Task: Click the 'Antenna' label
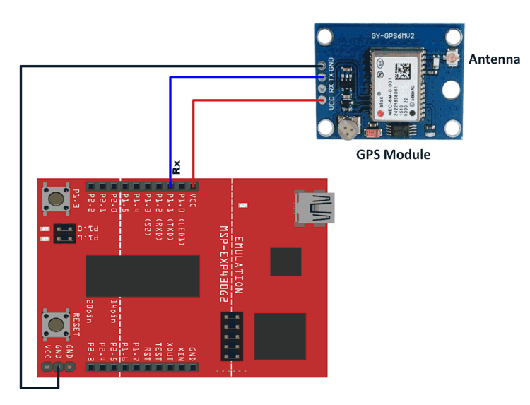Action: (494, 60)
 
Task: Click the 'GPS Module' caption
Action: (393, 154)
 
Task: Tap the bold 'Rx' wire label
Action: (177, 167)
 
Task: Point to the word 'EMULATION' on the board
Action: (238, 265)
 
